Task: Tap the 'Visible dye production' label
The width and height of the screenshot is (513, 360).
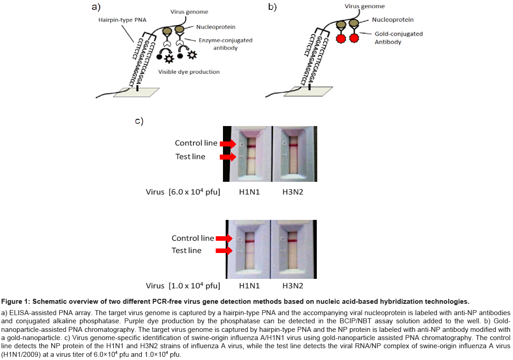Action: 189,72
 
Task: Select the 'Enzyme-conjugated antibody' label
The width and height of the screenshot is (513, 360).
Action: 226,44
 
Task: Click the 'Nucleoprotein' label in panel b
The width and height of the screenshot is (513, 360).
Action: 392,19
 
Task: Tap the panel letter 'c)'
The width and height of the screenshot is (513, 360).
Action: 139,121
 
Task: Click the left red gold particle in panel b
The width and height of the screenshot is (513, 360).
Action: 341,38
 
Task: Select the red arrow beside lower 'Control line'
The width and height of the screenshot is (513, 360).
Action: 224,238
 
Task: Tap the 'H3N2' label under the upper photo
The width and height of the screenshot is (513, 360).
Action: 293,192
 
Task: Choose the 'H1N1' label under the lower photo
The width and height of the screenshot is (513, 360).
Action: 249,286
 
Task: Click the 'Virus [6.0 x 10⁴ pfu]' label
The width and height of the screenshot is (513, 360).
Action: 183,192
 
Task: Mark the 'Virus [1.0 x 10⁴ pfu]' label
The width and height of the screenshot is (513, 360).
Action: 183,286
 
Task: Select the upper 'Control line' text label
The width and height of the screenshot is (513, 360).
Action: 196,143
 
